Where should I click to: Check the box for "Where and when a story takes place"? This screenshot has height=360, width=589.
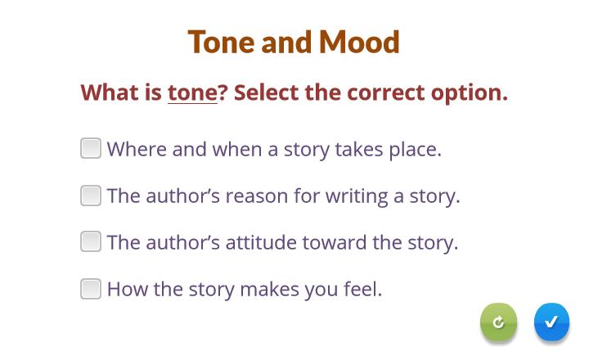[91, 148]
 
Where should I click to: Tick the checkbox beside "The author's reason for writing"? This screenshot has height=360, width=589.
[91, 196]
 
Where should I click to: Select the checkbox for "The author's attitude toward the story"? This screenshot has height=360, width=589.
[91, 241]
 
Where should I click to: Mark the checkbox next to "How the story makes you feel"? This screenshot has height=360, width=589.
[91, 289]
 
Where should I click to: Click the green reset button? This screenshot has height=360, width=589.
[498, 322]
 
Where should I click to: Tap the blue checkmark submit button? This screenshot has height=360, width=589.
[551, 322]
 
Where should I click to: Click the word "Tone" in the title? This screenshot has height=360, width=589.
[221, 42]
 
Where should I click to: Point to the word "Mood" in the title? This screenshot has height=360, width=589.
[359, 42]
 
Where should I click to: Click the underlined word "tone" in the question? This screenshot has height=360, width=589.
[192, 92]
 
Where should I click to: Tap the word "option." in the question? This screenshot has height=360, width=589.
[470, 93]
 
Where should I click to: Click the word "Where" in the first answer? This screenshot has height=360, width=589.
[137, 149]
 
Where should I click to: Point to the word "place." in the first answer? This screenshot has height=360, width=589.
[415, 150]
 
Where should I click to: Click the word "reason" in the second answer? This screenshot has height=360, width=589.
[257, 196]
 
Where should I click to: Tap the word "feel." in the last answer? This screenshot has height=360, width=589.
[362, 289]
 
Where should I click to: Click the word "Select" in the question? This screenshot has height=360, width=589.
[267, 92]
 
